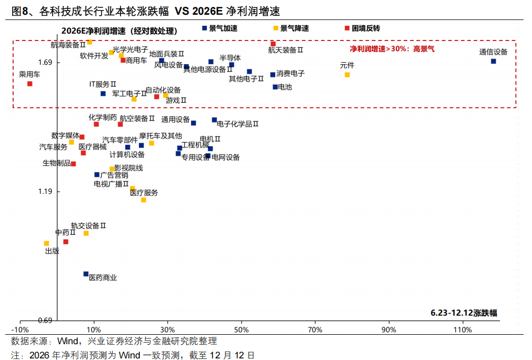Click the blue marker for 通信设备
point(494,61)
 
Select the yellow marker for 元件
point(347,75)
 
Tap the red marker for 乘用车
point(30,84)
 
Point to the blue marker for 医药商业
point(86,274)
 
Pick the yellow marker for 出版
point(46,243)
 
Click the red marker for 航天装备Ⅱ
point(273,44)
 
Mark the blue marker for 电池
point(275,87)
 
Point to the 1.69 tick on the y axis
point(46,63)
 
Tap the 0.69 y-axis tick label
point(46,320)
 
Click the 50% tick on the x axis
point(241,329)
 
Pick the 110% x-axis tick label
point(462,329)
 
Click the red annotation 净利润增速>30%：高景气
point(393,48)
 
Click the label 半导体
point(230,57)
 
